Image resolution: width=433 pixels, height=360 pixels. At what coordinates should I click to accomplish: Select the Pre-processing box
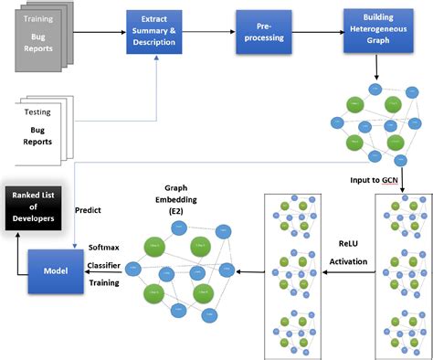267,35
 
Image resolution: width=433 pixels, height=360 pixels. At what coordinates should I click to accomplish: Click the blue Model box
57,270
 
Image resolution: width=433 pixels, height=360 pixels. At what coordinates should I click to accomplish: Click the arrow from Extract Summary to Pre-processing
213,35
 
